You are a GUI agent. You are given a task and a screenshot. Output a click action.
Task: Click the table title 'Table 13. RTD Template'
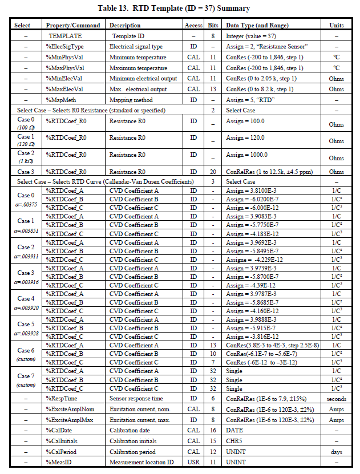coord(180,9)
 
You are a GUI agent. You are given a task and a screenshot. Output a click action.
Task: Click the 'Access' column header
coord(193,26)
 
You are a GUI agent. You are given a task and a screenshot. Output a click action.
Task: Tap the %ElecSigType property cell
coord(64,46)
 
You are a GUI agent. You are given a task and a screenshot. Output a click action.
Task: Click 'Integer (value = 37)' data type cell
coord(249,36)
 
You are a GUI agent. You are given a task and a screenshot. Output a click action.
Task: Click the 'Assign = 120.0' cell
coord(245,138)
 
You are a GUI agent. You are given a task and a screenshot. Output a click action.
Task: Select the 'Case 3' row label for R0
coord(25,172)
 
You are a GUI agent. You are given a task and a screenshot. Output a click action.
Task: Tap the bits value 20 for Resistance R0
coord(213,172)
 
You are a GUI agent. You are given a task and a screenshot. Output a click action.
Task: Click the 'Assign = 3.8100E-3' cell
coord(251,191)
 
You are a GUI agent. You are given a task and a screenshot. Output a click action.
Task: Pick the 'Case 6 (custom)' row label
coord(25,354)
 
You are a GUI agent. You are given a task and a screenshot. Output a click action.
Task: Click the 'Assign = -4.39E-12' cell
coord(251,285)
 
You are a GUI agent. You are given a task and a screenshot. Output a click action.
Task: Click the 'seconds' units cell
coord(336,399)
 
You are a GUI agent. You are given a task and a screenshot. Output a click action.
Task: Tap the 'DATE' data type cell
coord(234,431)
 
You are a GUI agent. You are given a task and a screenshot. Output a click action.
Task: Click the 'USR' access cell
coord(193,462)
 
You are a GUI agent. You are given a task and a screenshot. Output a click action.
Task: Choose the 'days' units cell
coord(336,452)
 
